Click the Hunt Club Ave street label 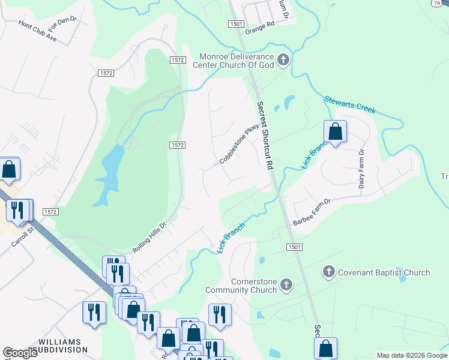(x=37, y=31)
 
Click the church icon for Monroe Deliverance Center (x=284, y=59)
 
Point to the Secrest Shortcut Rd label (x=265, y=135)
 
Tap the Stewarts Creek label (x=350, y=104)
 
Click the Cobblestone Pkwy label (x=239, y=144)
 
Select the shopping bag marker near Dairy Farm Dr (x=335, y=131)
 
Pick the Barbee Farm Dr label (x=312, y=212)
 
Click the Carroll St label (x=23, y=236)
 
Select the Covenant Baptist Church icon (x=328, y=272)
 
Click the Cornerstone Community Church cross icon (x=286, y=284)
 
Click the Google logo (x=20, y=353)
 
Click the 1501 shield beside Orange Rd (x=235, y=23)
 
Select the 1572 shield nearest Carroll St (x=50, y=212)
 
